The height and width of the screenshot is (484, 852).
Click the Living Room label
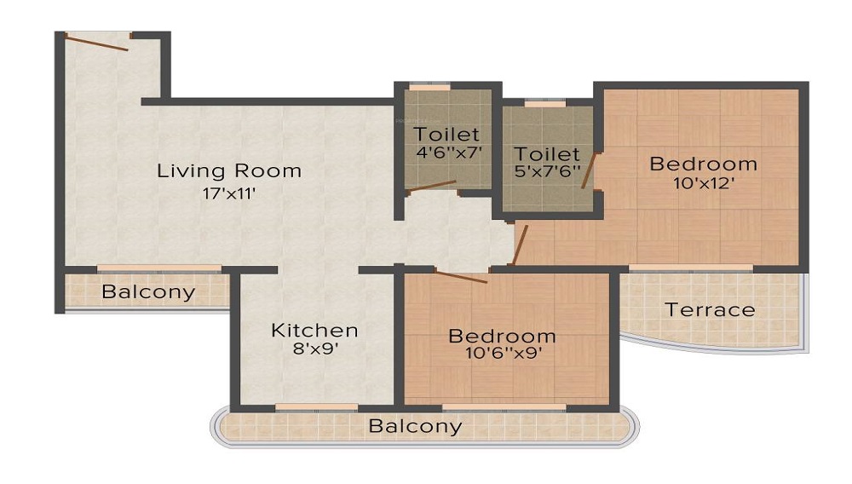click(x=229, y=170)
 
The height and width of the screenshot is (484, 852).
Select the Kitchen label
click(x=314, y=330)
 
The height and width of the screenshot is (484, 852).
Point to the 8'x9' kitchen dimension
click(x=314, y=349)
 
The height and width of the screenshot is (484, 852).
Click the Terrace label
click(x=711, y=309)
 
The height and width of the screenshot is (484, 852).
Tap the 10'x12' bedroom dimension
click(x=703, y=183)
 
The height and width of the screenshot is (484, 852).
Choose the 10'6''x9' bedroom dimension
click(x=502, y=353)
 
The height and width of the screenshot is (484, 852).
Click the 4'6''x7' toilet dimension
click(x=447, y=153)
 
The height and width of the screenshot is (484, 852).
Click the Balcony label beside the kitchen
click(x=148, y=292)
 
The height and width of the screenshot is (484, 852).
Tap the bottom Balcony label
click(x=416, y=426)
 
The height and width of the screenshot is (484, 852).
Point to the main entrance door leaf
click(x=98, y=43)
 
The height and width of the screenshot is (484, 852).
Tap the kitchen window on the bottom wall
click(x=316, y=407)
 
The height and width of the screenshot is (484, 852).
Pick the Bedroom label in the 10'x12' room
click(x=703, y=164)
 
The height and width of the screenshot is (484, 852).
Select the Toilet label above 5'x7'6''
click(x=546, y=154)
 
